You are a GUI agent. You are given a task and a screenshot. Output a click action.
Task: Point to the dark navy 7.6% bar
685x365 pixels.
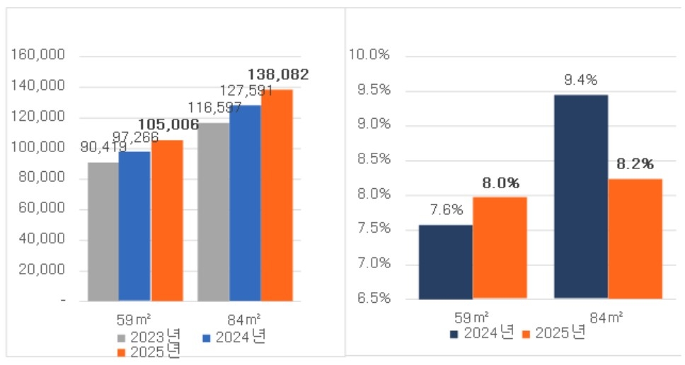445,261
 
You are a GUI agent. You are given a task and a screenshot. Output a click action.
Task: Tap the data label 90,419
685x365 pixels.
105,148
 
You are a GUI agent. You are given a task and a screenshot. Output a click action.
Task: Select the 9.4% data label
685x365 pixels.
580,79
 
